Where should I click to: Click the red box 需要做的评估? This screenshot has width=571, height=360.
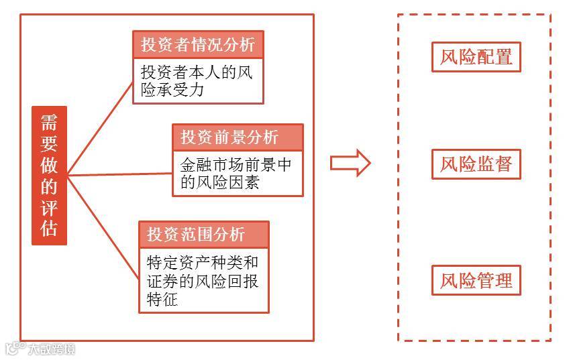click(49, 175)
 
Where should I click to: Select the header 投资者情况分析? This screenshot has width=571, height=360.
click(198, 45)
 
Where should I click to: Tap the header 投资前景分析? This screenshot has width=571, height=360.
click(238, 137)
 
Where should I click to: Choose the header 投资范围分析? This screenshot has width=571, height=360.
click(204, 235)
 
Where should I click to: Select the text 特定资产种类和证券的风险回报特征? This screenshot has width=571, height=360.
click(203, 279)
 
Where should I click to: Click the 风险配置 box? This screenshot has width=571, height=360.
click(476, 57)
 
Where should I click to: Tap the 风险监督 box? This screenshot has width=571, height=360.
click(476, 164)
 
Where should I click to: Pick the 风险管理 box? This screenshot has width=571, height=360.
click(476, 280)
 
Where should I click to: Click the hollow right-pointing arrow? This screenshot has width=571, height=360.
click(350, 163)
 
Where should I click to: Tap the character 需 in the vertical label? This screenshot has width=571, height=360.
click(49, 123)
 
